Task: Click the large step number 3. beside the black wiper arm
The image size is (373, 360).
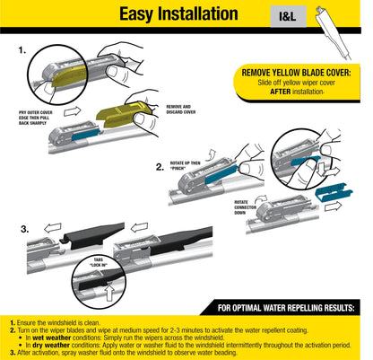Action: point(24,231)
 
